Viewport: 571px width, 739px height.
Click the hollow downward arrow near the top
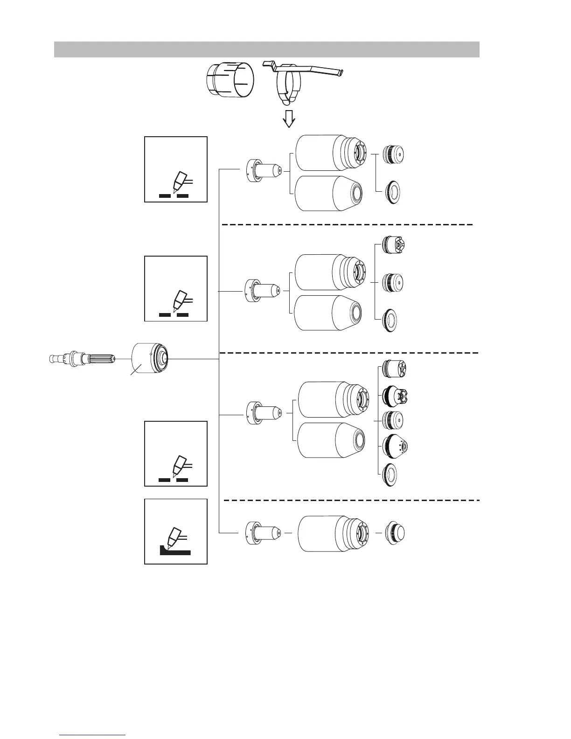point(289,119)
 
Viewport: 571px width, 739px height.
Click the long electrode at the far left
point(83,359)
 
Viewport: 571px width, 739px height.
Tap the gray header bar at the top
point(266,49)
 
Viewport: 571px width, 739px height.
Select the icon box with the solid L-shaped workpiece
point(176,531)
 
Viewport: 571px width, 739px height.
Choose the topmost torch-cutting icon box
point(176,169)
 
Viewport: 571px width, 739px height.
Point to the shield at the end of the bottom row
point(395,533)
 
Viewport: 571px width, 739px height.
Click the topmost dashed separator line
point(348,225)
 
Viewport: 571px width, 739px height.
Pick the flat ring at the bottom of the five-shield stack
point(390,476)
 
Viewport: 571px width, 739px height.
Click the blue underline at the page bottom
point(93,735)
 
